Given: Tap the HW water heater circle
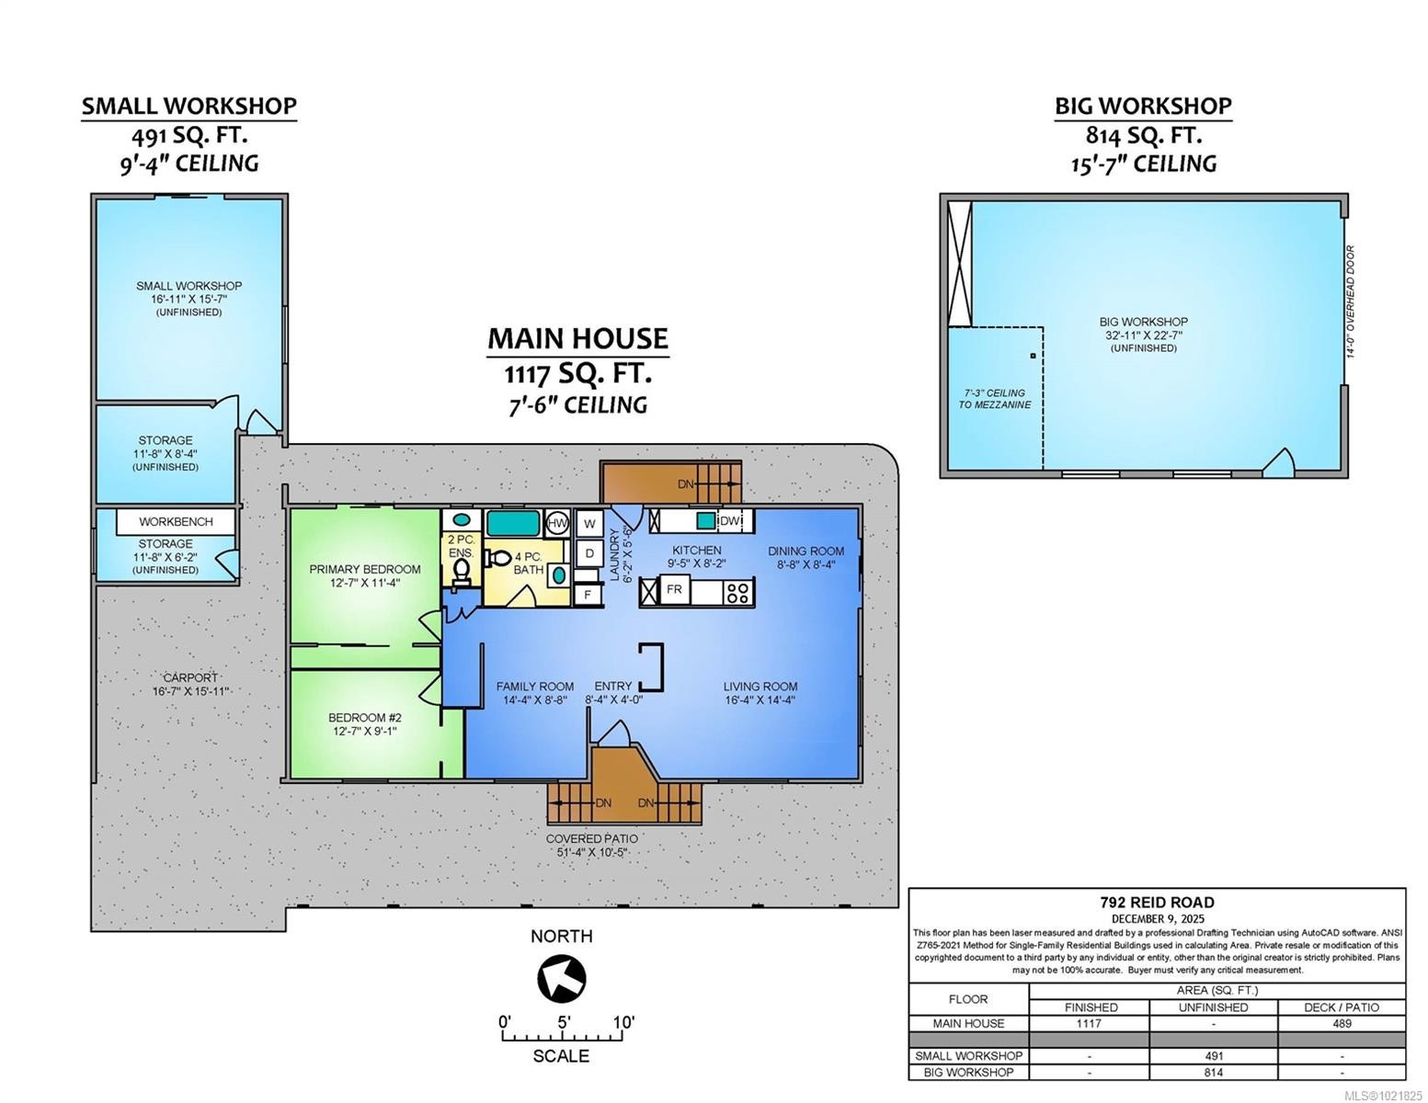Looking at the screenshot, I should click(557, 523).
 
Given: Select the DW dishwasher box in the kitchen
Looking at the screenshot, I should click(729, 521).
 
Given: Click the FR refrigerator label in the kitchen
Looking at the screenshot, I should click(674, 589).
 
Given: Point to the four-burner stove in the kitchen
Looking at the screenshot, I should click(737, 592).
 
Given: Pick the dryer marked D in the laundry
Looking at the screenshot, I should click(589, 553).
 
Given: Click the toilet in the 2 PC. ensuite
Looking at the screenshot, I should click(462, 570).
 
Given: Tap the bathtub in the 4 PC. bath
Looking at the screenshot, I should click(517, 523).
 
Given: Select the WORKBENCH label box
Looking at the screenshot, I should click(176, 521).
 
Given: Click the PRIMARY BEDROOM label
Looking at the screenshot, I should click(365, 569).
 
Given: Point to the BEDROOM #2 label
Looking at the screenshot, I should click(365, 718).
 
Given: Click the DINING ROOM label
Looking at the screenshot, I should click(806, 551).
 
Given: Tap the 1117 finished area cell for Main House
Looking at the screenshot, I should click(1090, 1023).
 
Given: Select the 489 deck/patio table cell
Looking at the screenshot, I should click(1342, 1023).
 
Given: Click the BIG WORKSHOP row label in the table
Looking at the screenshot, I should click(967, 1072).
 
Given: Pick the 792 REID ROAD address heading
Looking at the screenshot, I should click(1157, 903).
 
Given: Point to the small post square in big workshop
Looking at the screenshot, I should click(1033, 356).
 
